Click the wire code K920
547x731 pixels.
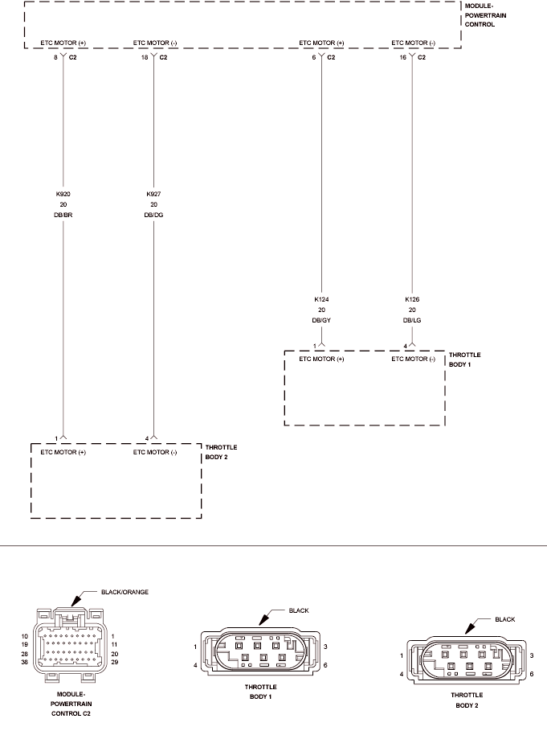pos(63,194)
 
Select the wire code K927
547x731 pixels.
pos(153,194)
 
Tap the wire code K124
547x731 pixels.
pos(321,299)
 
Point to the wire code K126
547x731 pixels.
pos(412,299)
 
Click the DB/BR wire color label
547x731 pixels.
pos(63,216)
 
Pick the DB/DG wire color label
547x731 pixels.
pos(153,216)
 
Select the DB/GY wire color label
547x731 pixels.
pos(321,321)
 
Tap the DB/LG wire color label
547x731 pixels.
pos(412,321)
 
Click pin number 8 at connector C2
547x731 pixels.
pos(55,57)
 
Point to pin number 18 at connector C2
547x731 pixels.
pos(145,57)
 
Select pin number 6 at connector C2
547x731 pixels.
pos(314,57)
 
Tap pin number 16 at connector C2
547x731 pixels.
pos(403,57)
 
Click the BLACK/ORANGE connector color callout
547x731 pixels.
pos(125,592)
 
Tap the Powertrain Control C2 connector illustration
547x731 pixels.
pos(71,645)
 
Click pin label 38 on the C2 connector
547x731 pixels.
pos(25,662)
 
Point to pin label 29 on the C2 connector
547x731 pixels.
pos(115,662)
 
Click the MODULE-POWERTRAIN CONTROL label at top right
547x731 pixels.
pos(485,15)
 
